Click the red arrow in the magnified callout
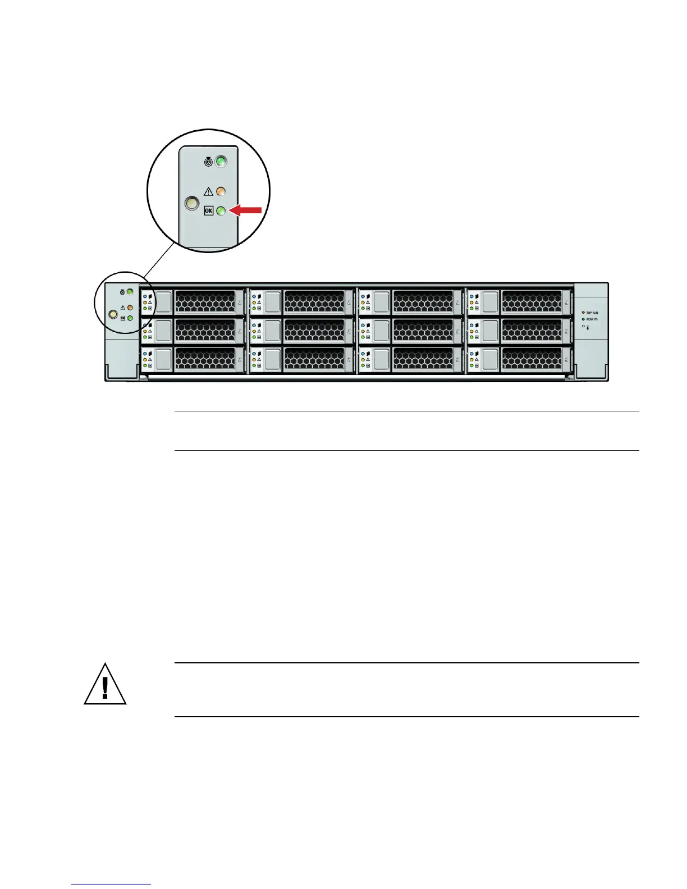[247, 210]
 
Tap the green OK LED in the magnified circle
[221, 211]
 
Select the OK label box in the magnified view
[209, 211]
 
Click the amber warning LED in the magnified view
[221, 191]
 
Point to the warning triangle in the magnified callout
[208, 191]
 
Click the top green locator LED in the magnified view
[221, 162]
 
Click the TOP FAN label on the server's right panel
[592, 313]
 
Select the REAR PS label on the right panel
[592, 319]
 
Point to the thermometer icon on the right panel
[588, 327]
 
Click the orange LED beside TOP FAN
[583, 313]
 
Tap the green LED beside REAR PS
[583, 319]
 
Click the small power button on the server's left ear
[112, 315]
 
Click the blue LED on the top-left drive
[145, 296]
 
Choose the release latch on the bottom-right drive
[491, 359]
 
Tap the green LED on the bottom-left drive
[145, 365]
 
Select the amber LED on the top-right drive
[471, 302]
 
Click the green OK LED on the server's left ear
[130, 318]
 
